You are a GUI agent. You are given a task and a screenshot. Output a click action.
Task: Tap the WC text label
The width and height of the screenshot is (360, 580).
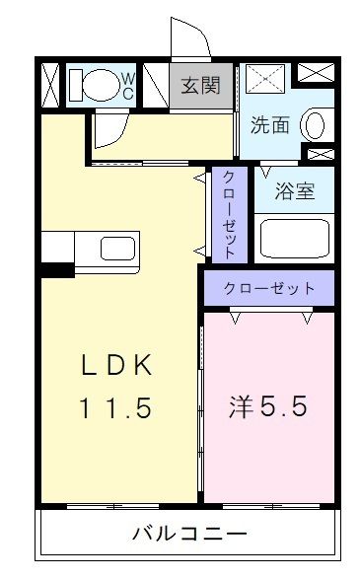tap(127, 85)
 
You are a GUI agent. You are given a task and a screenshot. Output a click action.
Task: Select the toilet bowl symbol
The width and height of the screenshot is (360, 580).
tap(97, 85)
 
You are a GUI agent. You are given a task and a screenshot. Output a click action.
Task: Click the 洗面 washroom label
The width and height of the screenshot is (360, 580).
tap(268, 126)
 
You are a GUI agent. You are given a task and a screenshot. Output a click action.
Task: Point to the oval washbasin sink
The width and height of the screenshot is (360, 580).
tap(313, 126)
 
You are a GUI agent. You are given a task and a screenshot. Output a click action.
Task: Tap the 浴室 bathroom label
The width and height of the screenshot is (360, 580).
tap(295, 189)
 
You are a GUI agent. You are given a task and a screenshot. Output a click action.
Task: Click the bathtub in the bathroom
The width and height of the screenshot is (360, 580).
tap(293, 238)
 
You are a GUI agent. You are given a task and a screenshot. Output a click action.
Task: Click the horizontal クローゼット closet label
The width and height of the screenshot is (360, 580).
tap(269, 289)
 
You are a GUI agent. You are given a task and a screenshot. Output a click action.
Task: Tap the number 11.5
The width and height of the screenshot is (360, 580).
tap(116, 406)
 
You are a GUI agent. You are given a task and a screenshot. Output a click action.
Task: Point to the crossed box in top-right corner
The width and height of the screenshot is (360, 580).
tap(316, 72)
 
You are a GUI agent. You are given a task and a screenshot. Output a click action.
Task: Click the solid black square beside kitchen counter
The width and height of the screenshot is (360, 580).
tap(57, 267)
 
